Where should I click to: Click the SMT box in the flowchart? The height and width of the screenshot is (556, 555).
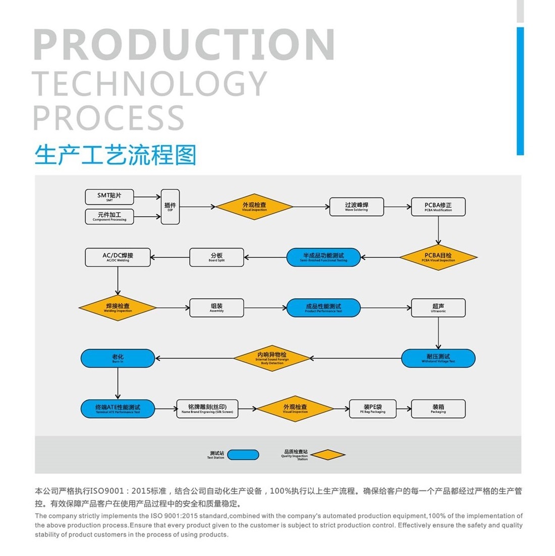[x=109, y=196]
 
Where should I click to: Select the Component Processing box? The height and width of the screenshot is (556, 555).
[x=109, y=217]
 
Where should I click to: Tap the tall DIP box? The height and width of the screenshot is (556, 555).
[x=170, y=207]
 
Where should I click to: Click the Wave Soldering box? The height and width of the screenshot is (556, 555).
[x=356, y=207]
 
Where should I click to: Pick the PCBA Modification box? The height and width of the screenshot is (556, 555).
[x=438, y=207]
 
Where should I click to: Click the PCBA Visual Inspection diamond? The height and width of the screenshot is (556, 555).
[x=438, y=257]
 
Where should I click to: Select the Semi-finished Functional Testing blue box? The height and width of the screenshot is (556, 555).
[x=323, y=257]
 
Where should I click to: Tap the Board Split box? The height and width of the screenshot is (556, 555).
[x=216, y=257]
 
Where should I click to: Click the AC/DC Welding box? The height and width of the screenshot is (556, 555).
[x=118, y=257]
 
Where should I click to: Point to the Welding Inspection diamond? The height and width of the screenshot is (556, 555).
[x=118, y=308]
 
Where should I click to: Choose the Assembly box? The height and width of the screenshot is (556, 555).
[x=216, y=308]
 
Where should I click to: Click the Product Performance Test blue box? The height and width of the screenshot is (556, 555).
[x=323, y=308]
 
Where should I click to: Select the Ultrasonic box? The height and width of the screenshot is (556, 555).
[x=438, y=308]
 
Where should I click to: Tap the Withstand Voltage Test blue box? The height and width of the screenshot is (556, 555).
[x=438, y=358]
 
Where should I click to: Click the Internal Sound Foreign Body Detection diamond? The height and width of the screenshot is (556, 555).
[x=272, y=358]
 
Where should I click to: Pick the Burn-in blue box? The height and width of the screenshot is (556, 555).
[x=118, y=358]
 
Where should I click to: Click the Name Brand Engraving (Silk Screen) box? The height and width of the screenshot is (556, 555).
[x=207, y=409]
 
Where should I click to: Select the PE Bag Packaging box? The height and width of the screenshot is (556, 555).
[x=372, y=409]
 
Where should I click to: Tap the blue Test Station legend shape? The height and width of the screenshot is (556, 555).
[x=243, y=454]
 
